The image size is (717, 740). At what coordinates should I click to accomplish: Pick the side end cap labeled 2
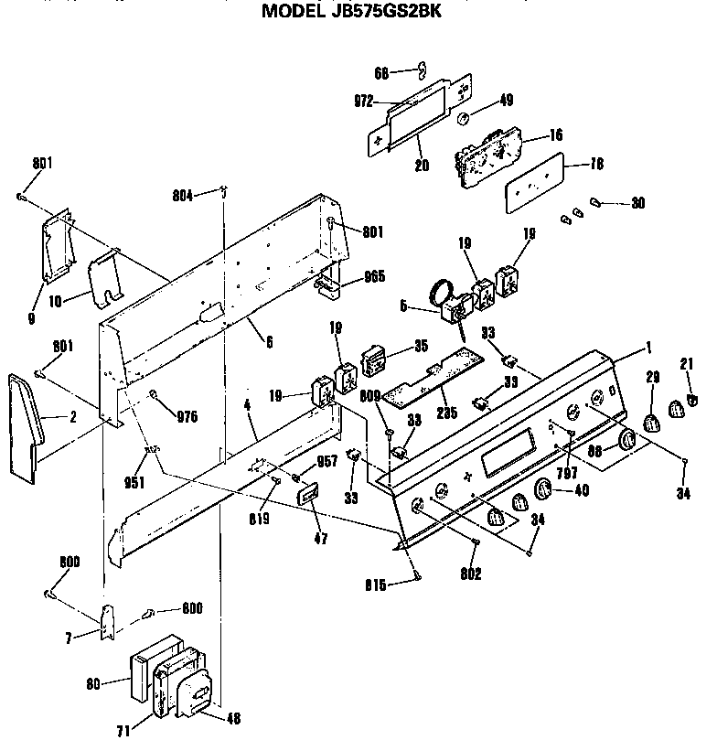click(26, 426)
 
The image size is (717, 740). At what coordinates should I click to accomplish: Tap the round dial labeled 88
click(626, 442)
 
